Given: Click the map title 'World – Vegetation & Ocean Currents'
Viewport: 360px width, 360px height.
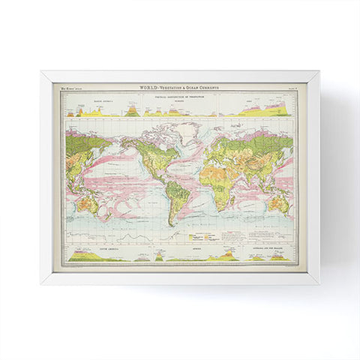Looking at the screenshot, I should (x=180, y=88).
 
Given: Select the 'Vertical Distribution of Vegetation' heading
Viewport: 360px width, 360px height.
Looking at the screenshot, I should (x=180, y=95).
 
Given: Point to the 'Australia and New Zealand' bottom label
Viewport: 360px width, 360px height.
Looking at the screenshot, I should (x=259, y=247).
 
